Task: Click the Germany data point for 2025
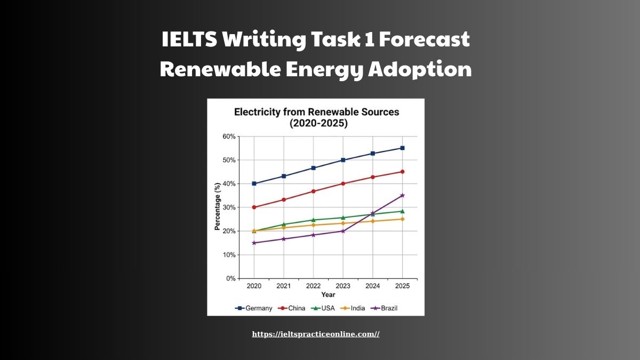pyautogui.click(x=402, y=148)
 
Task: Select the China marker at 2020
pyautogui.click(x=254, y=207)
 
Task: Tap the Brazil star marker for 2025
pyautogui.click(x=402, y=196)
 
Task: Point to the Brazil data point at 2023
pyautogui.click(x=343, y=231)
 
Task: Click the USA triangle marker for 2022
pyautogui.click(x=313, y=220)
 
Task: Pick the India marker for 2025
pyautogui.click(x=402, y=219)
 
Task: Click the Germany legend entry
pyautogui.click(x=254, y=308)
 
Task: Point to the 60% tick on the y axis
pyautogui.click(x=229, y=137)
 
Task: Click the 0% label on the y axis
pyautogui.click(x=230, y=278)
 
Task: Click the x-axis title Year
pyautogui.click(x=328, y=295)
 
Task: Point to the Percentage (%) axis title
pyautogui.click(x=217, y=207)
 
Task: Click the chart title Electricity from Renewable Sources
pyautogui.click(x=317, y=112)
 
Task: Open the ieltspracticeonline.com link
pyautogui.click(x=316, y=334)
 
